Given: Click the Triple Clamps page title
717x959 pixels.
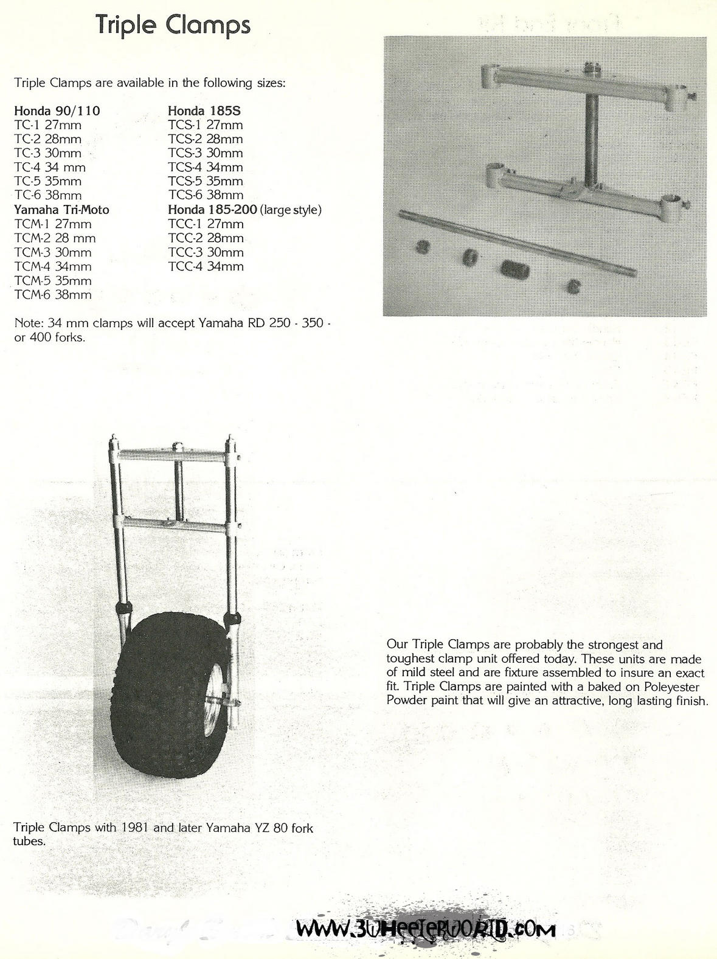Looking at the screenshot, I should tap(173, 26).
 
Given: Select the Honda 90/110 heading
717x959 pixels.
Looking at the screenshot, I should tap(57, 111).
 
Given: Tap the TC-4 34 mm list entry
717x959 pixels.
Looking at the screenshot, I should tap(50, 167).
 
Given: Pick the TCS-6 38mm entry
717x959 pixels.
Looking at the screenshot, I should tap(206, 195).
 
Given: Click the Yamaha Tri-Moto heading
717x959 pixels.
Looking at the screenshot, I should tap(61, 210).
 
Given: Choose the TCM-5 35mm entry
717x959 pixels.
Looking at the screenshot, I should tap(53, 281).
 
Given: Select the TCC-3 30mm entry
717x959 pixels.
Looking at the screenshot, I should tap(206, 252).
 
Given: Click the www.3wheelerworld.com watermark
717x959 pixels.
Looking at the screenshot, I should tap(426, 929).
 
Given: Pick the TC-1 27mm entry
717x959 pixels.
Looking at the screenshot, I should tap(48, 125).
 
